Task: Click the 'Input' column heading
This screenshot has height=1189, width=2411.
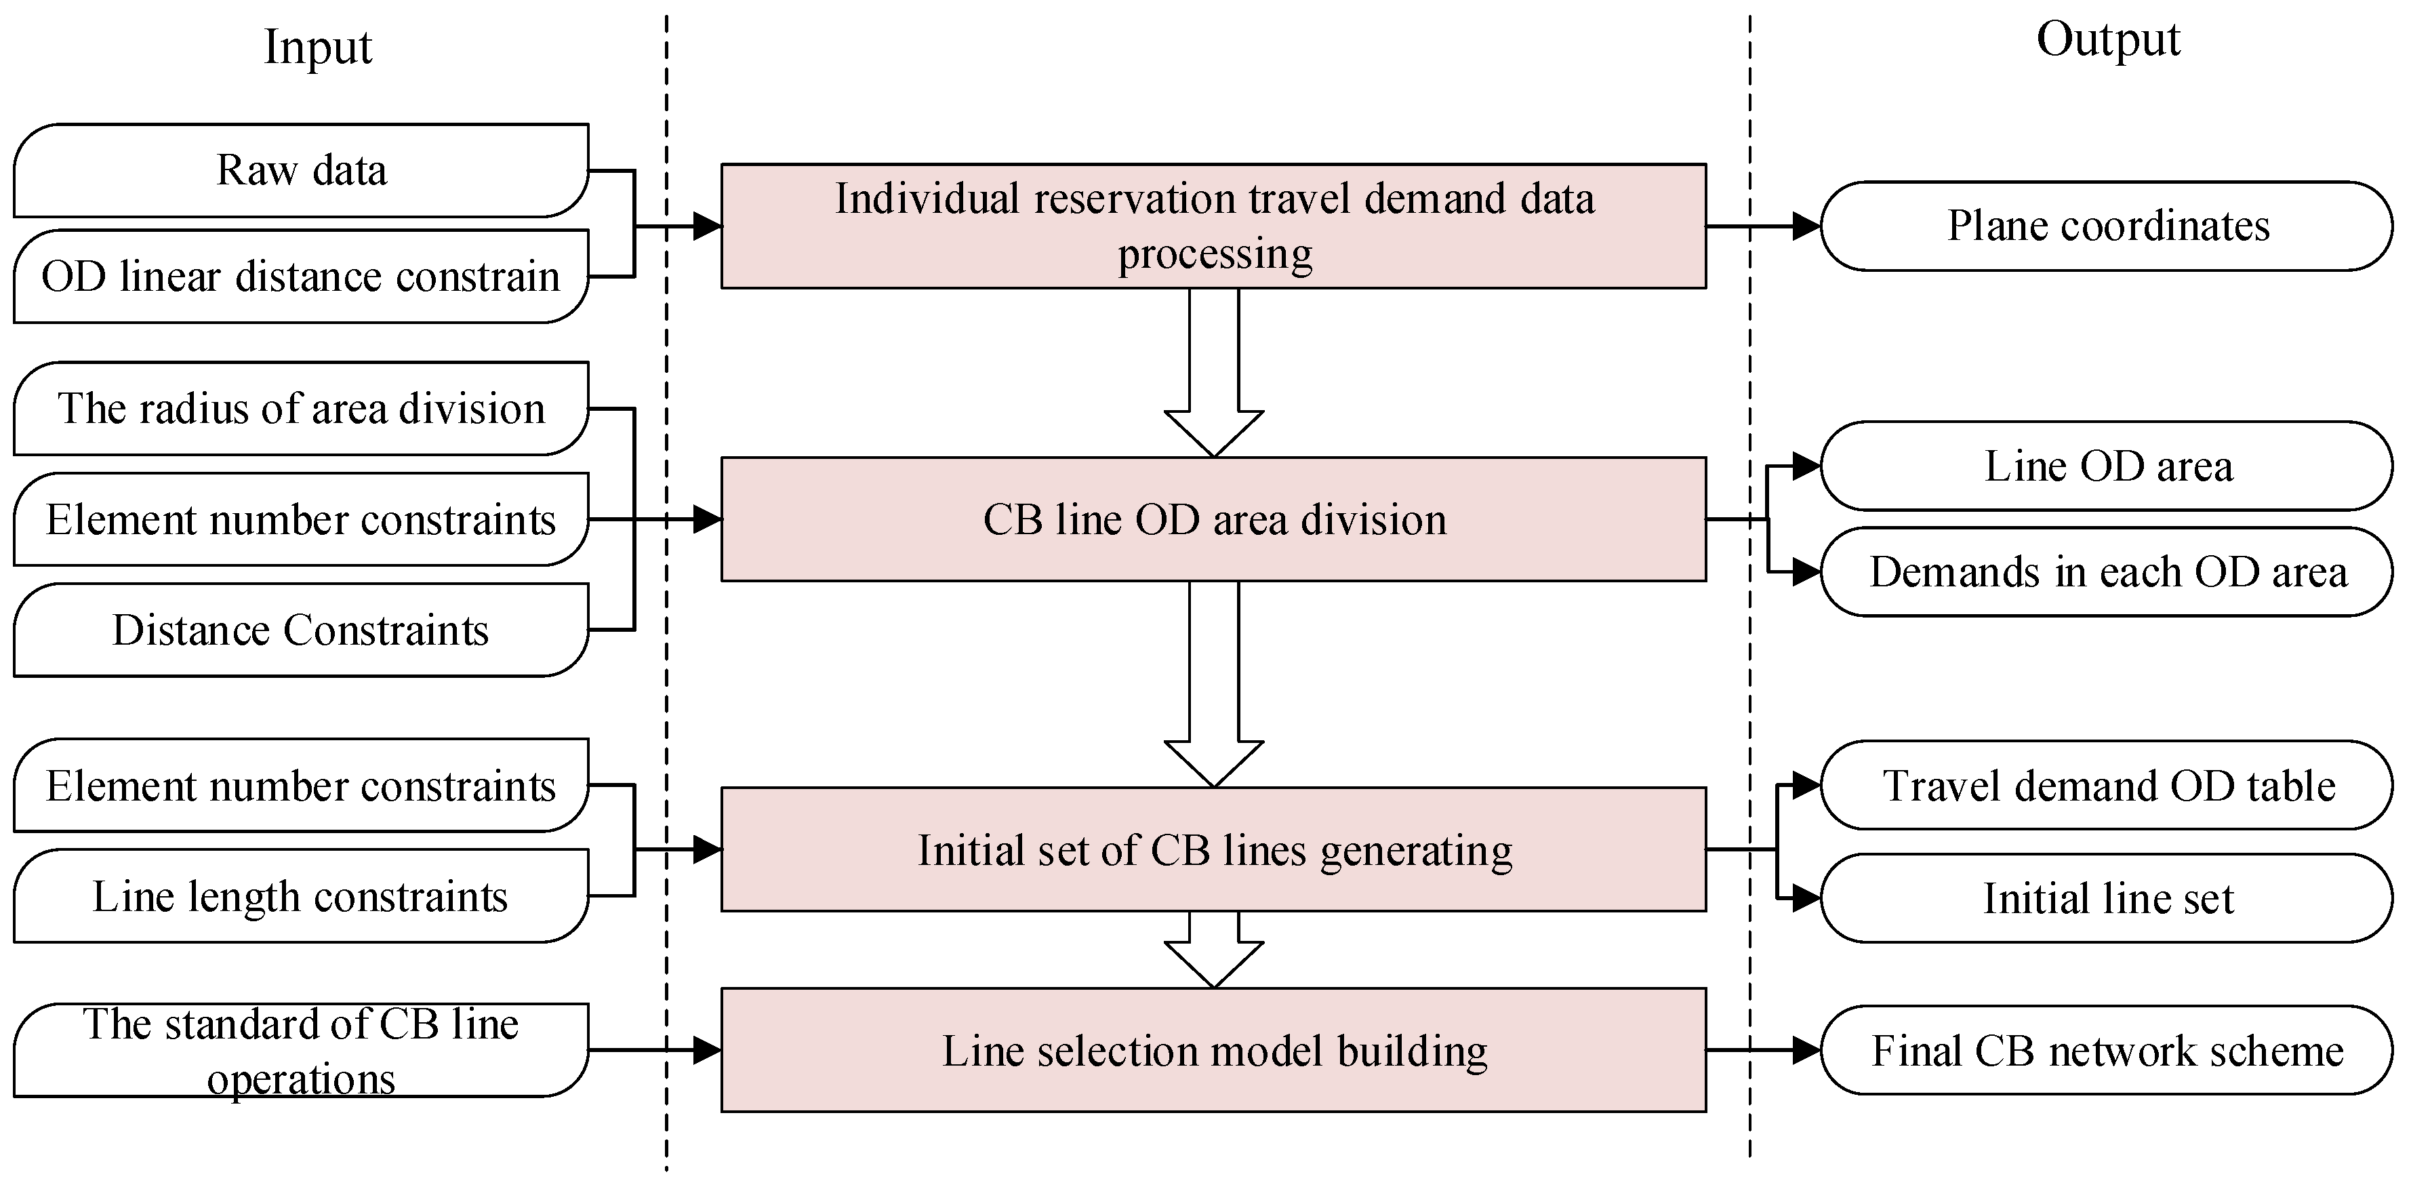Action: pyautogui.click(x=317, y=47)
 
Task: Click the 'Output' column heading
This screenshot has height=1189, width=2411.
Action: pyautogui.click(x=2108, y=40)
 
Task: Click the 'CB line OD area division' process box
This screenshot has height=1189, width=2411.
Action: pyautogui.click(x=1213, y=520)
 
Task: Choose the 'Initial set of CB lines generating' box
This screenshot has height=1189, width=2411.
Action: pyautogui.click(x=1213, y=850)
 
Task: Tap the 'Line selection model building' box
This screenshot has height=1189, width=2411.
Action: pyautogui.click(x=1213, y=1051)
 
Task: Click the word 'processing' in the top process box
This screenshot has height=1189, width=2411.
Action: pyautogui.click(x=1215, y=254)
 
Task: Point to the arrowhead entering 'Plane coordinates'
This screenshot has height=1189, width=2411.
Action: pyautogui.click(x=1806, y=226)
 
